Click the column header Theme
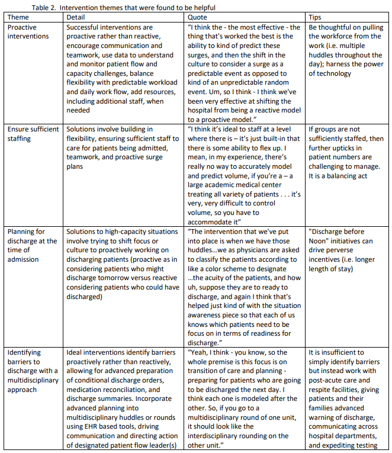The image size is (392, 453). coord(18,18)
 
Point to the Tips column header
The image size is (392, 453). coord(316,18)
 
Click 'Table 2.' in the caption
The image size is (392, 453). coord(48,7)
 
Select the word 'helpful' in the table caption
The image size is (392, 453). coord(202,7)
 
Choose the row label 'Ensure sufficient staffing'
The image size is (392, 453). coord(33,133)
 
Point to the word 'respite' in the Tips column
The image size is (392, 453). coord(321,390)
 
